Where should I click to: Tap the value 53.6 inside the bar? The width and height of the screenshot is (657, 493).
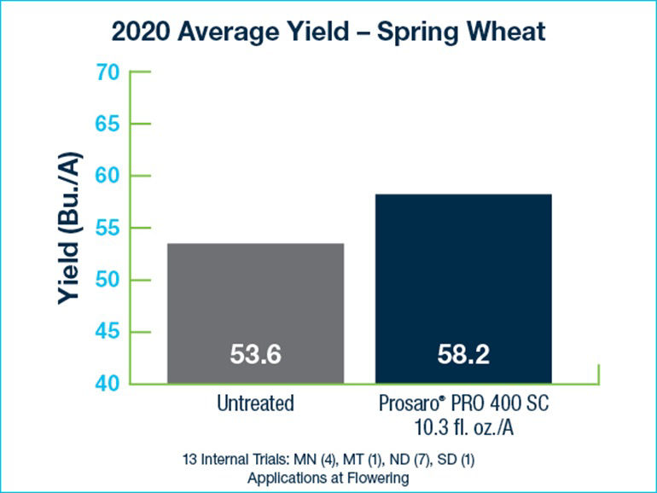[x=255, y=355]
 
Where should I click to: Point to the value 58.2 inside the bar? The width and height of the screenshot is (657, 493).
[x=463, y=355]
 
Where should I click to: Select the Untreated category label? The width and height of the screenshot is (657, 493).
[x=255, y=403]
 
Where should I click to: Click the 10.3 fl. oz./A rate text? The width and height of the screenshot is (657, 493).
[x=463, y=425]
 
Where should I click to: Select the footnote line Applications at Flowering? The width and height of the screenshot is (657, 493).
[x=328, y=478]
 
